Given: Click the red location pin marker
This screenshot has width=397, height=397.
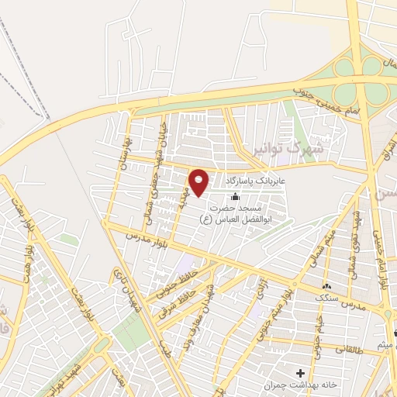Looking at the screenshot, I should click(x=200, y=182).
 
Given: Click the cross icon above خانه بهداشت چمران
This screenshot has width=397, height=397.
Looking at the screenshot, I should click(x=300, y=374).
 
